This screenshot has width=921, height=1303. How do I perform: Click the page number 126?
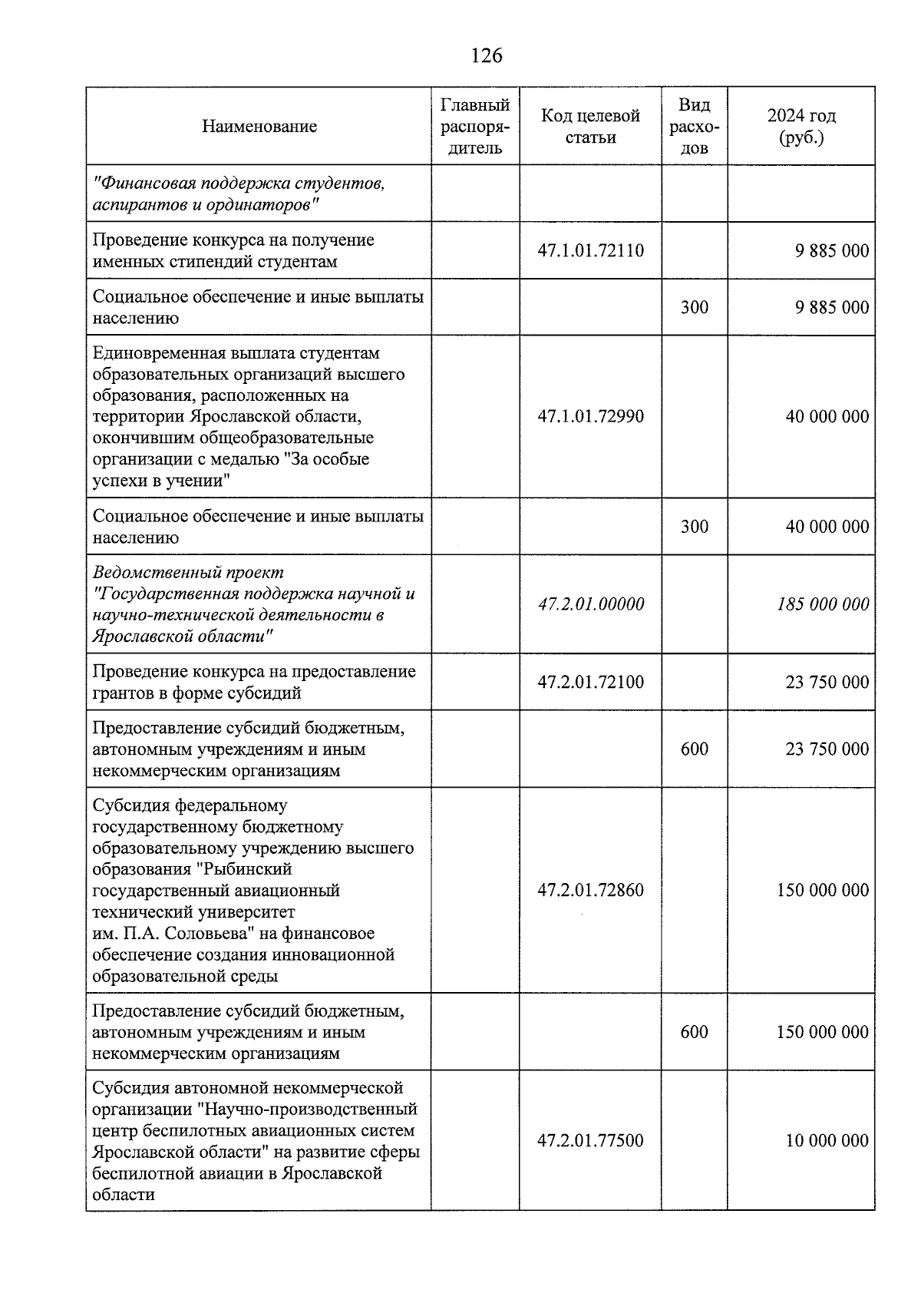pos(487,56)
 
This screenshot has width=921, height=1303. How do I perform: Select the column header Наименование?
pos(259,127)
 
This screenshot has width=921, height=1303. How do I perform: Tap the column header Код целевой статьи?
pos(590,127)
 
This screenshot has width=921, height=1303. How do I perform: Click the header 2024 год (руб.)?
pos(801,127)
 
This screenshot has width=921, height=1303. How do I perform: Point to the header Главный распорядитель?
pos(475,127)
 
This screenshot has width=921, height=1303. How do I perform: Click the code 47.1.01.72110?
pos(590,251)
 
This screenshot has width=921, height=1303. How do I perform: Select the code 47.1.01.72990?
pos(590,417)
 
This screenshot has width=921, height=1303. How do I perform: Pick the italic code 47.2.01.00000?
pos(590,604)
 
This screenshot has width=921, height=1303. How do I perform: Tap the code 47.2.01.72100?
pos(590,683)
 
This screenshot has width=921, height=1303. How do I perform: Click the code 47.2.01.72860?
pos(590,891)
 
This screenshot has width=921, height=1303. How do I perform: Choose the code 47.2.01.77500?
pos(590,1141)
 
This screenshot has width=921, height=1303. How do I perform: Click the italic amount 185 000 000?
pos(823,604)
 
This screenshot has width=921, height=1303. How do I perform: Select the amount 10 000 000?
pos(827,1141)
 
